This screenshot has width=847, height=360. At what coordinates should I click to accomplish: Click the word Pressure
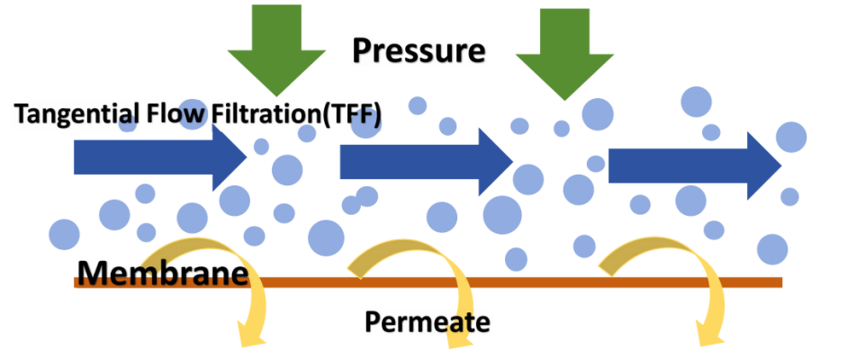pyautogui.click(x=419, y=50)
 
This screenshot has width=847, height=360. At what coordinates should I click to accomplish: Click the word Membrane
pyautogui.click(x=161, y=272)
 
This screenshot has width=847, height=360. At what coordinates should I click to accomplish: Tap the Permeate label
pyautogui.click(x=428, y=320)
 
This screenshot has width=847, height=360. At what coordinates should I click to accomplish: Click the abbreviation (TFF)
pyautogui.click(x=352, y=114)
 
